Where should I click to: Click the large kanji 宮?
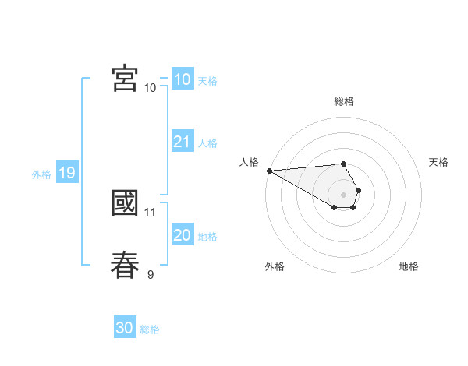pyautogui.click(x=125, y=78)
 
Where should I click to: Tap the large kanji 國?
pyautogui.click(x=125, y=203)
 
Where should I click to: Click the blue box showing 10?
pyautogui.click(x=183, y=79)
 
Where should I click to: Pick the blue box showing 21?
pyautogui.click(x=183, y=142)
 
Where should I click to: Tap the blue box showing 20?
pyautogui.click(x=183, y=235)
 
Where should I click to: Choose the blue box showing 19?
pyautogui.click(x=67, y=173)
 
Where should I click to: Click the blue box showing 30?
pyautogui.click(x=125, y=328)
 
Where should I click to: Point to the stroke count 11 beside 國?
pyautogui.click(x=151, y=212)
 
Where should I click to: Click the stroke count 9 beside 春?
pyautogui.click(x=151, y=274)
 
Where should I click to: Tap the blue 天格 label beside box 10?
pyautogui.click(x=207, y=80)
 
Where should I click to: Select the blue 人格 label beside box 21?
pyautogui.click(x=207, y=143)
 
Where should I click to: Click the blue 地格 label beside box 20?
pyautogui.click(x=207, y=237)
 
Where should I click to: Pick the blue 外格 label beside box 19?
pyautogui.click(x=41, y=174)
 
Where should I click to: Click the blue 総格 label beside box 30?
pyautogui.click(x=150, y=329)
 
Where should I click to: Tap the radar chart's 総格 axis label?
pyautogui.click(x=344, y=100)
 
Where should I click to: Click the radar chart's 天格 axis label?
pyautogui.click(x=438, y=162)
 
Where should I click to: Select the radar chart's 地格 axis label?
pyautogui.click(x=409, y=266)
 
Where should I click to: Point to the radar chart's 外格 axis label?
pyautogui.click(x=275, y=266)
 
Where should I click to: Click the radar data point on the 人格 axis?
pyautogui.click(x=269, y=170)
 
